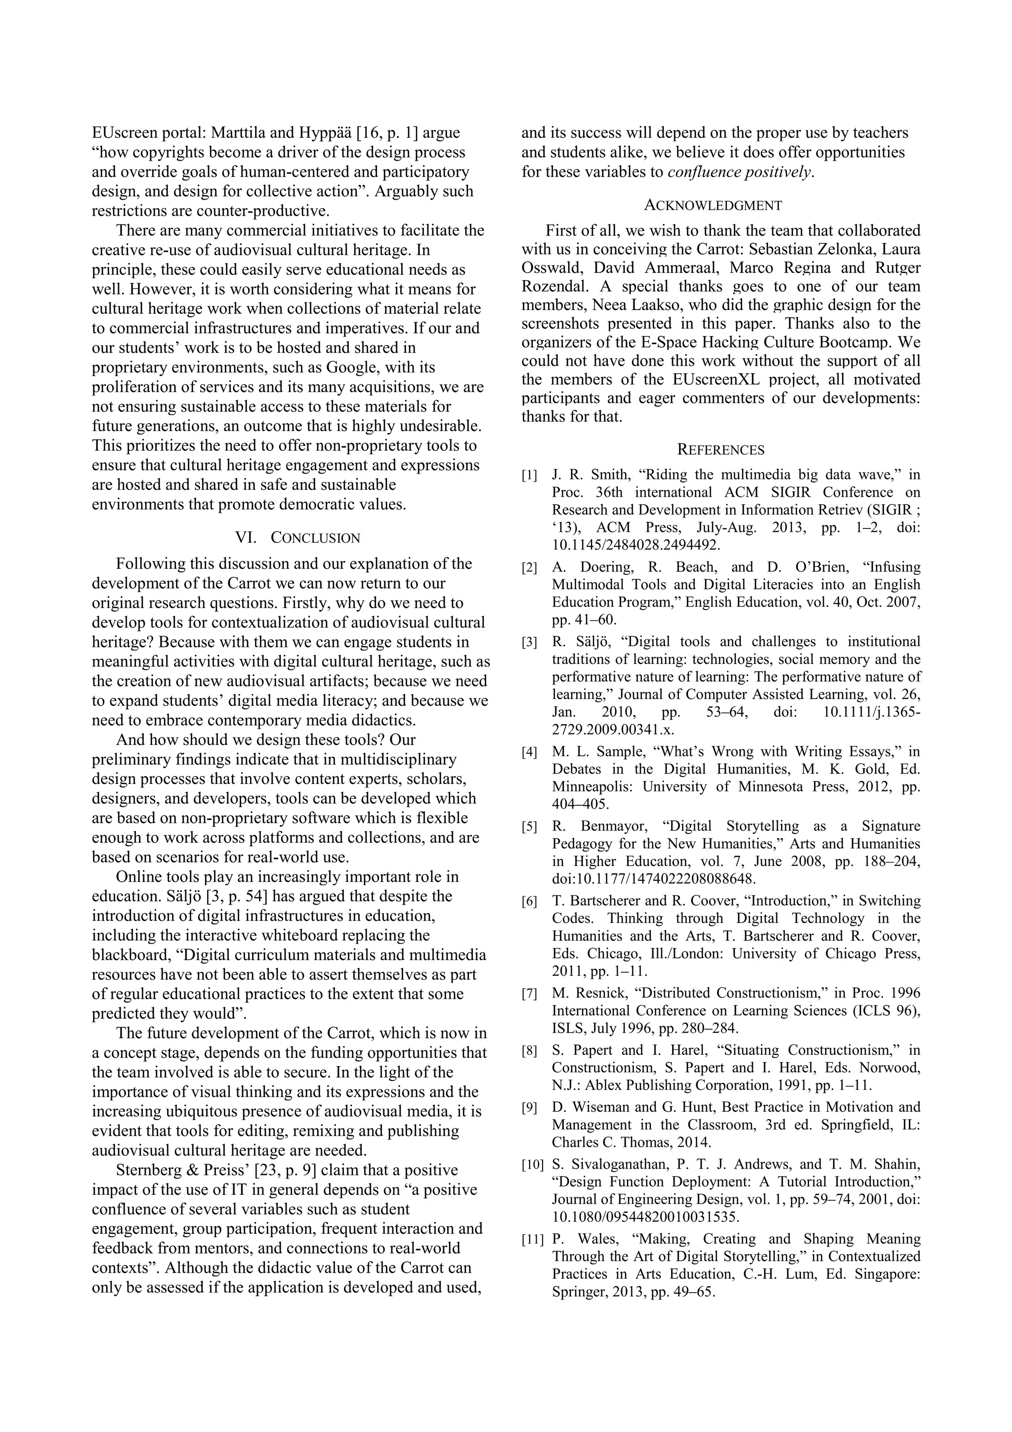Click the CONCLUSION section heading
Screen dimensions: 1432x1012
pos(315,538)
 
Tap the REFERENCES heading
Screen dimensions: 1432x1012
pos(721,450)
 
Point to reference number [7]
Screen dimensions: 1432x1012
pos(529,994)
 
